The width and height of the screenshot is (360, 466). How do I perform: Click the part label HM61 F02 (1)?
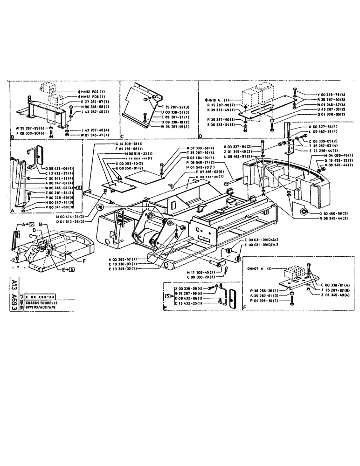pyautogui.click(x=93, y=91)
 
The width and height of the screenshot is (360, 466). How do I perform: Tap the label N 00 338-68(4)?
pyautogui.click(x=95, y=107)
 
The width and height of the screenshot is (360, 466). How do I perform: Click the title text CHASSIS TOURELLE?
pyautogui.click(x=42, y=303)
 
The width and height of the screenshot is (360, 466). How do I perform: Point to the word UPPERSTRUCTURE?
pyautogui.click(x=41, y=308)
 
